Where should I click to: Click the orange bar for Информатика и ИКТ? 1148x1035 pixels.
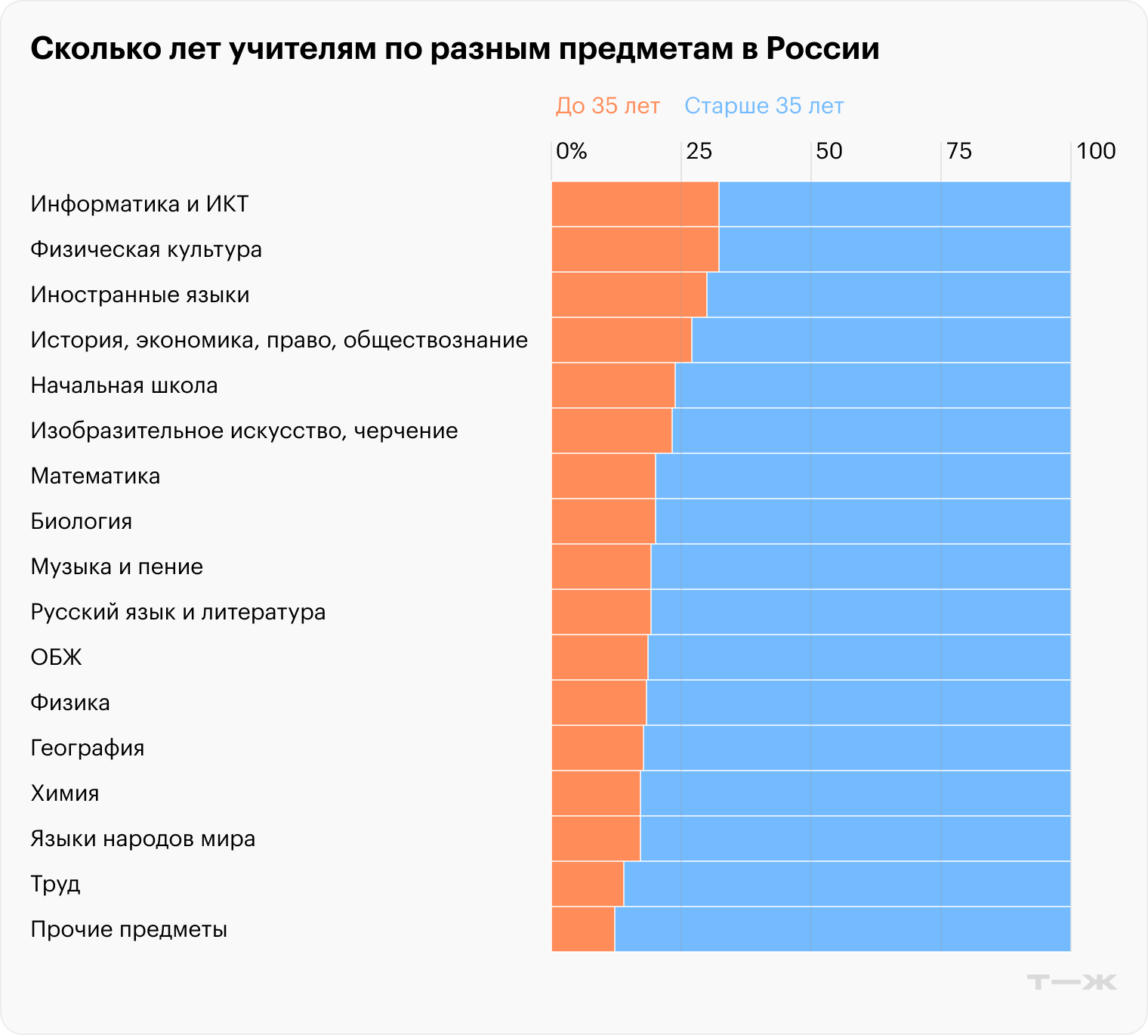635,204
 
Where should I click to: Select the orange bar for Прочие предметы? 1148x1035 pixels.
583,929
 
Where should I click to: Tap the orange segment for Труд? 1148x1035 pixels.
588,884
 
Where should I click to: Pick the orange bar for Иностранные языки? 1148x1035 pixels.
629,295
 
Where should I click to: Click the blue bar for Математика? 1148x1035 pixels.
863,476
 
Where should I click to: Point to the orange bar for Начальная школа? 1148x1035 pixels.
613,385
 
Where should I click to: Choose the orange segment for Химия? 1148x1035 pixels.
596,793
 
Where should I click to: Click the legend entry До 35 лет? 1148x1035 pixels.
607,106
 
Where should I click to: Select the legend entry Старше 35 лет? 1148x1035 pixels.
764,106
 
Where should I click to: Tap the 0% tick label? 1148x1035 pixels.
571,151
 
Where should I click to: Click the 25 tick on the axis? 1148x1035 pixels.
699,151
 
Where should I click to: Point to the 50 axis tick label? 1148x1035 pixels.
829,151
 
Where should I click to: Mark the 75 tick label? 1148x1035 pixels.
958,151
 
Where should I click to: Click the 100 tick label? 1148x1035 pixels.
1096,151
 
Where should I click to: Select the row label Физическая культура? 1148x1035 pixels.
146,249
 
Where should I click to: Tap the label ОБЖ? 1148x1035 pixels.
56,657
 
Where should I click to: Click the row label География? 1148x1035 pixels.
87,748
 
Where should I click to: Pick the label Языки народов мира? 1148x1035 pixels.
143,839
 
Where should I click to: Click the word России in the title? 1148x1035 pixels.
822,49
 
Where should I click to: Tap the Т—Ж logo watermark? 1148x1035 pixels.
1072,982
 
